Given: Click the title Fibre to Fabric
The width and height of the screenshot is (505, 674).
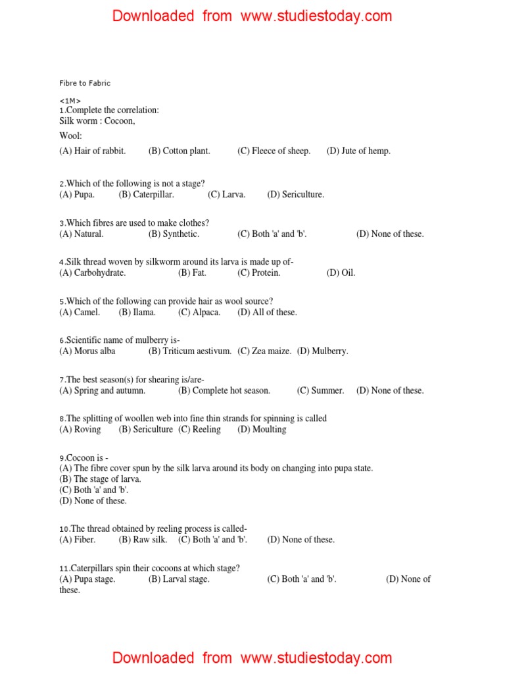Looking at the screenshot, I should (x=85, y=84).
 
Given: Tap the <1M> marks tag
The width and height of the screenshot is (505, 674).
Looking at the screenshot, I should (x=70, y=101).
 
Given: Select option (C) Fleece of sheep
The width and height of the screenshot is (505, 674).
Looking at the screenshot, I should (x=274, y=151).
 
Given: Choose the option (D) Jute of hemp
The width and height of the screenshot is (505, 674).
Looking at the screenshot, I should (x=358, y=151).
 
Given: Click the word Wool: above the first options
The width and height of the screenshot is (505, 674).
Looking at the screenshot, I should (x=70, y=136).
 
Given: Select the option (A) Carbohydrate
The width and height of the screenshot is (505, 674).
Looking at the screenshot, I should (x=92, y=272).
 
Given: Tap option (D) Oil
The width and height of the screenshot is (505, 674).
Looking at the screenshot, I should (x=341, y=272).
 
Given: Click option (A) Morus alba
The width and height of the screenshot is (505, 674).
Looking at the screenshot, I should (x=87, y=351).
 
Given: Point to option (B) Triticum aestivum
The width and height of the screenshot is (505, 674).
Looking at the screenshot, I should (x=190, y=351).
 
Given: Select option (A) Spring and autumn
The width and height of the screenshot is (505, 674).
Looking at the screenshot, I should (x=102, y=390).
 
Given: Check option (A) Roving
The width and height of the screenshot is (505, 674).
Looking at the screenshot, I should (x=80, y=429).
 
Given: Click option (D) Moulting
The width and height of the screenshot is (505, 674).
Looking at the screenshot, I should (x=262, y=429).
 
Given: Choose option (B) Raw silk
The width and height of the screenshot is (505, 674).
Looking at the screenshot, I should (x=143, y=539).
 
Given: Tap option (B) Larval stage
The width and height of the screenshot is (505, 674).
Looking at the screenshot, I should (x=179, y=579).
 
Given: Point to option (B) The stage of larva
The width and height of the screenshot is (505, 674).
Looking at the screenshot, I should (x=100, y=479).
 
